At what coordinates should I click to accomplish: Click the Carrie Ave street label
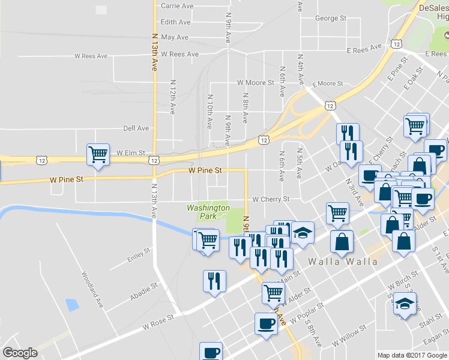pos(177,6)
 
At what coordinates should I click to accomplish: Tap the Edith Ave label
pos(176,22)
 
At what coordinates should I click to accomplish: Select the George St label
pos(331,19)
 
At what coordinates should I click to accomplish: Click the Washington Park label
pos(208,212)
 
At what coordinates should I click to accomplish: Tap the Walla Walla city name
pos(343,262)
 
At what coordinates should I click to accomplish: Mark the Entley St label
pos(139,256)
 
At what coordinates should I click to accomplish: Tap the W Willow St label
pos(350,334)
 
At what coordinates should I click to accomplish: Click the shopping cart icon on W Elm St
pos(98,154)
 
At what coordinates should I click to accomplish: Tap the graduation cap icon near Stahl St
pos(406,305)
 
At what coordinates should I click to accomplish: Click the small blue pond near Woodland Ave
pos(73,304)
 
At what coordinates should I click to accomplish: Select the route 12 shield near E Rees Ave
pos(397,43)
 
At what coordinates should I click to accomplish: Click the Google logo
pos(20,353)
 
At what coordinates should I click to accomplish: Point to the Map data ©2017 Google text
pos(412,355)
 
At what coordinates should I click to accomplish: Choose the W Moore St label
pos(256,82)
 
